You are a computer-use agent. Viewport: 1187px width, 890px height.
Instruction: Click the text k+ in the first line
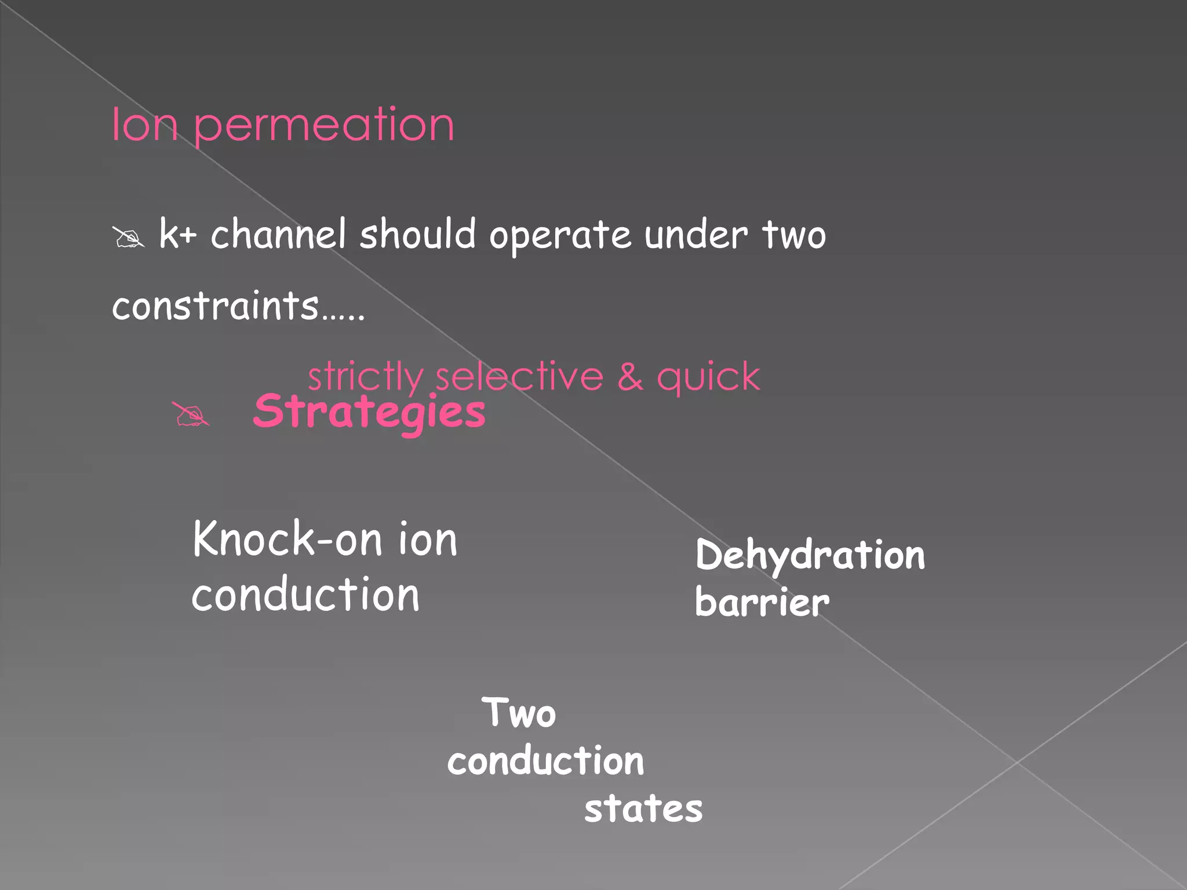pyautogui.click(x=178, y=234)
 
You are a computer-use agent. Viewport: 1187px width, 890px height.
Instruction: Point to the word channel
pyautogui.click(x=278, y=234)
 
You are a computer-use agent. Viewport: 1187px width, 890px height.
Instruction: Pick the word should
pyautogui.click(x=417, y=234)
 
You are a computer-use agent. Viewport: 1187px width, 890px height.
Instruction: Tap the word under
pyautogui.click(x=696, y=235)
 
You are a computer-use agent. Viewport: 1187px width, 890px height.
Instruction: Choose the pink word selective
pyautogui.click(x=519, y=377)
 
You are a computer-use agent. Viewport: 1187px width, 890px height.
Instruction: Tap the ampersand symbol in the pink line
pyautogui.click(x=629, y=377)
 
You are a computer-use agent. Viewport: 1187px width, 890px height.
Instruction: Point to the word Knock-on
pyautogui.click(x=287, y=539)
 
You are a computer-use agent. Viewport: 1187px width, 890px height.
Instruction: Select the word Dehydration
pyautogui.click(x=810, y=555)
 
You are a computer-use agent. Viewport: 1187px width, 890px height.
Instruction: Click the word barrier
pyautogui.click(x=762, y=603)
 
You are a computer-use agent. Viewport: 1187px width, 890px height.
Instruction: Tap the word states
pyautogui.click(x=643, y=809)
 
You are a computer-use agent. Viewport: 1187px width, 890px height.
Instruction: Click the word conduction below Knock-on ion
pyautogui.click(x=305, y=595)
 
